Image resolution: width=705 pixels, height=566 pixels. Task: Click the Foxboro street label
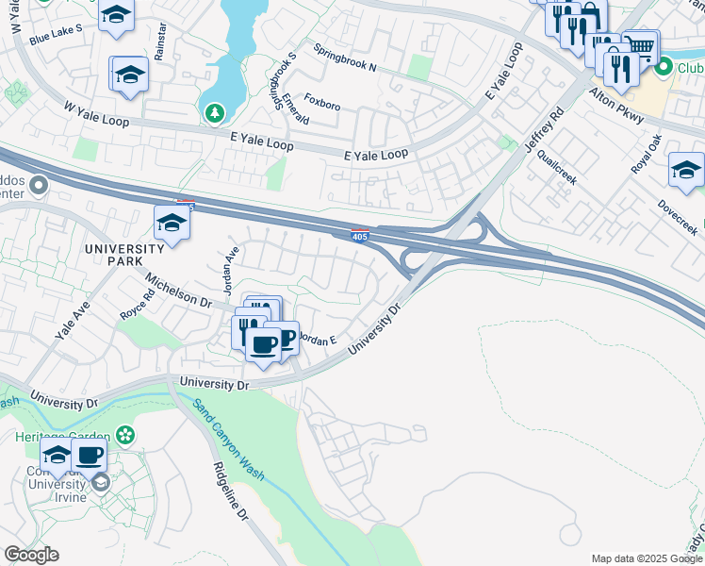pos(321,101)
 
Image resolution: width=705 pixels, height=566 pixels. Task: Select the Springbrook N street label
pos(345,58)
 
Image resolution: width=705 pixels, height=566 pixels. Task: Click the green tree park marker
pos(216,113)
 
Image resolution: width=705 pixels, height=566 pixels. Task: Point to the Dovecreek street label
pos(678,216)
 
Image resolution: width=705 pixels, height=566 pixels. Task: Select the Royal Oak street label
pos(648,154)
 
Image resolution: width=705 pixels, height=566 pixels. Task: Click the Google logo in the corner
pos(32,555)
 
